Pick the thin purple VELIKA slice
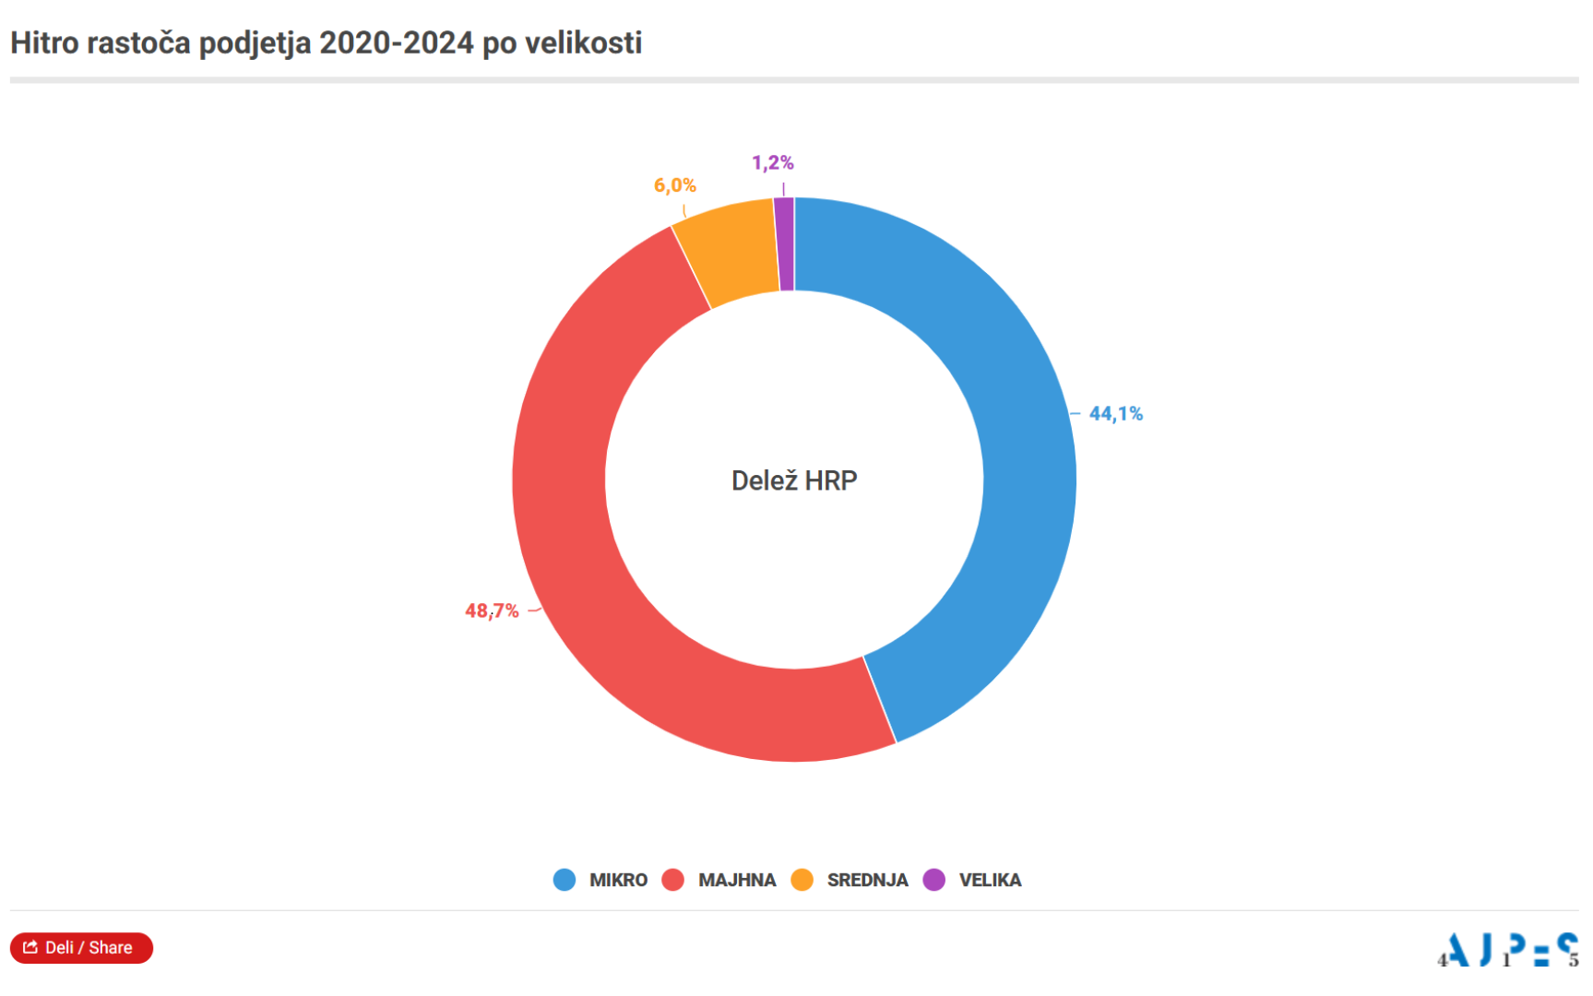click(785, 244)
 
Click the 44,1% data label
click(1115, 414)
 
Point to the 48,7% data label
click(492, 611)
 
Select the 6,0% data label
click(674, 185)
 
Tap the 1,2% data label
click(772, 163)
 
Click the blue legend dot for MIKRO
click(565, 880)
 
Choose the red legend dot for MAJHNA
click(673, 880)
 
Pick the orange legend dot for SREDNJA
click(802, 880)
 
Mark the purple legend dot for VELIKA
click(934, 880)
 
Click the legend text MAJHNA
click(736, 880)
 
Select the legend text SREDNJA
click(867, 880)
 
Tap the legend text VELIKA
click(990, 880)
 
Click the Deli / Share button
click(81, 947)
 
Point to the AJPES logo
click(1508, 949)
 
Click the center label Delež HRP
click(794, 480)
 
